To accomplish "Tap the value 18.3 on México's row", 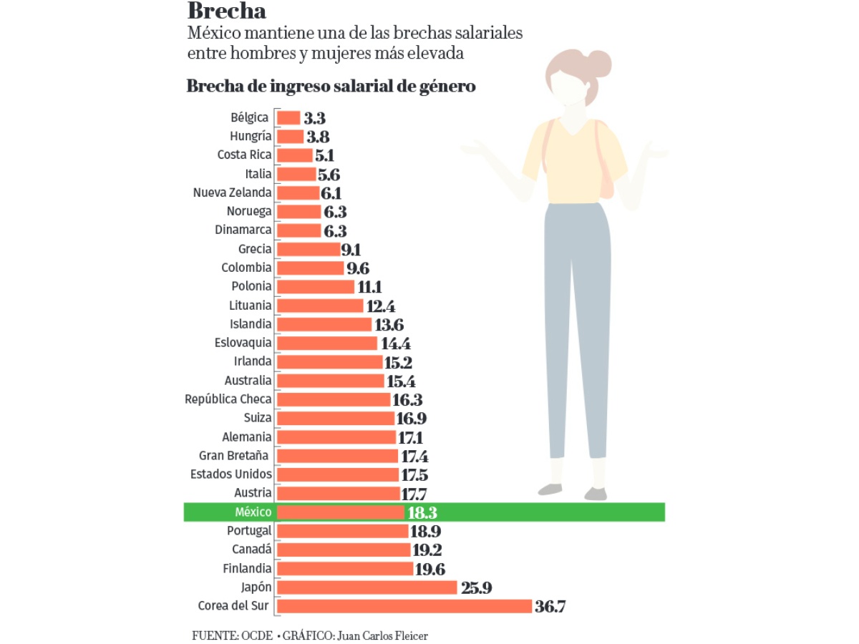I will click(423, 512).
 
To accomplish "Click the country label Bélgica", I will click(250, 117).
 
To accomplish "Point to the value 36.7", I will click(550, 607).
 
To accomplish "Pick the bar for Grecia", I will click(308, 249).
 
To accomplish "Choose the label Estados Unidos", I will click(231, 474).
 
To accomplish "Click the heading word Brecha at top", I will click(227, 12).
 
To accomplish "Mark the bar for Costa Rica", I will click(294, 155).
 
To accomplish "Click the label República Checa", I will click(228, 399).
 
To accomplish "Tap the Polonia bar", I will click(315, 286).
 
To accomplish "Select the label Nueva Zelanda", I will click(233, 192).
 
